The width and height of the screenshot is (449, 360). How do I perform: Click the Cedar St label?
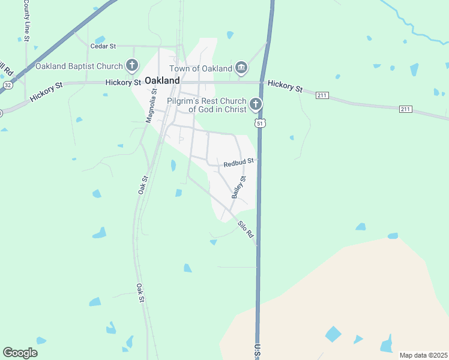[103, 46]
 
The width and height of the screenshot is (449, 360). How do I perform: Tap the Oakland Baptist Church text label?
[79, 65]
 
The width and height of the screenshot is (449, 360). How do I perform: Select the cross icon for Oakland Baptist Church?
[132, 65]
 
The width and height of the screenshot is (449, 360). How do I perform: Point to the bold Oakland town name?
[163, 80]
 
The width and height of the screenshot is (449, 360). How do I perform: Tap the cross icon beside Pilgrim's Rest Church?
[256, 105]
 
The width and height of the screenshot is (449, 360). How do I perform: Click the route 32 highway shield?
[7, 86]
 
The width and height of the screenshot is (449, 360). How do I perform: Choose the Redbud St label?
[239, 162]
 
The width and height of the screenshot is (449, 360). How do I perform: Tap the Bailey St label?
[238, 187]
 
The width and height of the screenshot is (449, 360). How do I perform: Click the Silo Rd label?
[246, 229]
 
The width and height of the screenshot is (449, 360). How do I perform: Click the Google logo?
[20, 353]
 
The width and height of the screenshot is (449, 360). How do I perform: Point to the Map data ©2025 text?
[423, 355]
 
